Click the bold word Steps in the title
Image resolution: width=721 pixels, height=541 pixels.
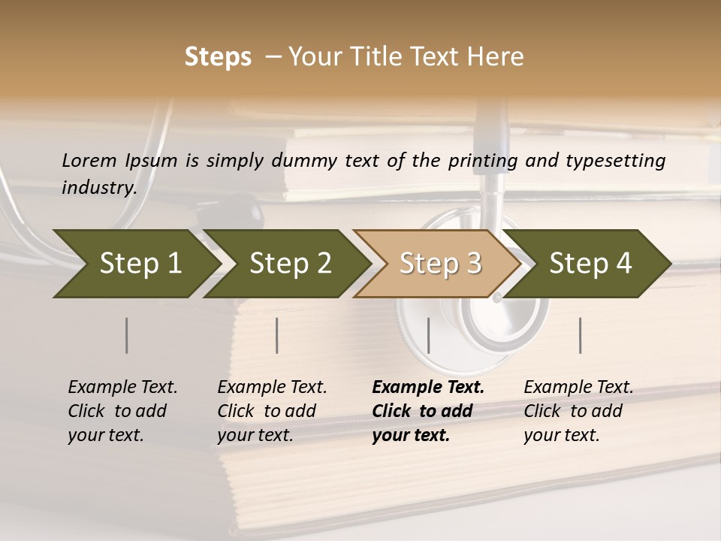(218, 56)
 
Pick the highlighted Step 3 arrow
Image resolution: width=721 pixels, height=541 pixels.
(440, 264)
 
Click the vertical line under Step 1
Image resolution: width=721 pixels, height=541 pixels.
(126, 335)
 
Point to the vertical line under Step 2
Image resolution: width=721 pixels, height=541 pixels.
(277, 335)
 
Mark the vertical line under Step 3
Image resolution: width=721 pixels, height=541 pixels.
(428, 335)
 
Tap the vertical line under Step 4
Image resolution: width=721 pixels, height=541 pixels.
(581, 335)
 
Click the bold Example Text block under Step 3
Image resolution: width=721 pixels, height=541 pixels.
(428, 411)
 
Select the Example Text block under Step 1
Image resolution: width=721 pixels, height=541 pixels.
(122, 411)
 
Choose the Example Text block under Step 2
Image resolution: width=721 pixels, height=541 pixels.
(272, 411)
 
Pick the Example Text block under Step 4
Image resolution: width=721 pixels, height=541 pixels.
(578, 411)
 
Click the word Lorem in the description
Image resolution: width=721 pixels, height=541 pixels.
(89, 160)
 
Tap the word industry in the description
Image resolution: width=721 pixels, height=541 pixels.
(98, 187)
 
